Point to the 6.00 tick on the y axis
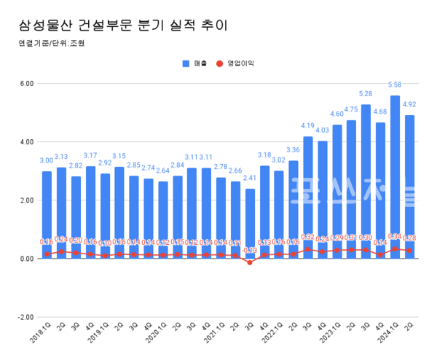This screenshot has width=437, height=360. [27, 84]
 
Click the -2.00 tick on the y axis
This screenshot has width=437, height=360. [25, 317]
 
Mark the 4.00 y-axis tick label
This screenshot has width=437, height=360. [27, 142]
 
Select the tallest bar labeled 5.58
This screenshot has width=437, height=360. [395, 175]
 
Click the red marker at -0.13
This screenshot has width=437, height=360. [250, 262]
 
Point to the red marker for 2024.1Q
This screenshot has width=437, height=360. [395, 249]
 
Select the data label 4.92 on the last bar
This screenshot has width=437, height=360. [409, 105]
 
